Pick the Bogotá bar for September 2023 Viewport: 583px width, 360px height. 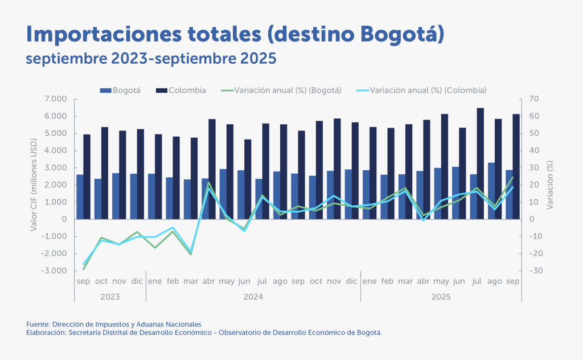[x=80, y=197]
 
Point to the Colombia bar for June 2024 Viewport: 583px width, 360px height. [x=248, y=179]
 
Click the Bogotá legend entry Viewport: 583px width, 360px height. [x=120, y=90]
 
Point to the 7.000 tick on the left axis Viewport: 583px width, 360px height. [x=56, y=99]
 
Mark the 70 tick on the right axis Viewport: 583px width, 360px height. [x=534, y=99]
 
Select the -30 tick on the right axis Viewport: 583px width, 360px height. [x=535, y=271]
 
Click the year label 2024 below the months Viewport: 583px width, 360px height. [x=253, y=297]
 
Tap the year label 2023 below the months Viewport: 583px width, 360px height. [x=110, y=297]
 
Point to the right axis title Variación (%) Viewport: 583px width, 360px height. [x=550, y=185]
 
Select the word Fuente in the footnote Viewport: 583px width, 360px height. [x=37, y=324]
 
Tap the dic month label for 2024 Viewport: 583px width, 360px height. [x=351, y=281]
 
